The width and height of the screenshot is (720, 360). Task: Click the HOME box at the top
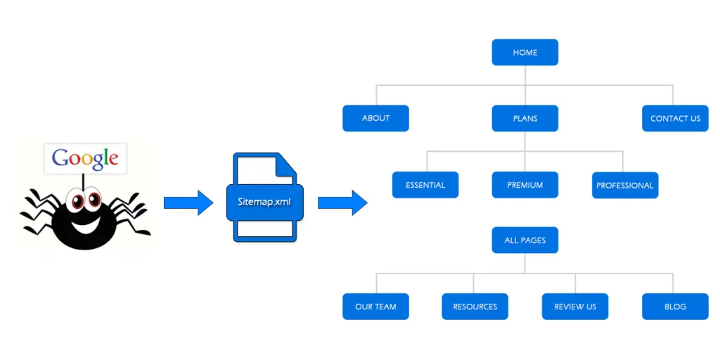tap(525, 53)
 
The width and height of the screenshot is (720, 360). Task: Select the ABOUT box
tap(375, 118)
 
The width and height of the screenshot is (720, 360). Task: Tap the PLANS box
tap(525, 118)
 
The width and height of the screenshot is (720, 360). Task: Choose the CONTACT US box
tap(675, 118)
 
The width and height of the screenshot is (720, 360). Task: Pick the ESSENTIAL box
tap(425, 185)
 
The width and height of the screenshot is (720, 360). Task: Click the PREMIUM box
tap(525, 185)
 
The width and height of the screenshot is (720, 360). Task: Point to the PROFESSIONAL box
tap(625, 186)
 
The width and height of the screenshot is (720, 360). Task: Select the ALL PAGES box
tap(525, 240)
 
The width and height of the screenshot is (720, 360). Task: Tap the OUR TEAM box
tap(375, 307)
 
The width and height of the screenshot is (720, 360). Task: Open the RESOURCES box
tap(475, 307)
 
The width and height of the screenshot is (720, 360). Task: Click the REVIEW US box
tap(574, 307)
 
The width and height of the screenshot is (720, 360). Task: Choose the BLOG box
tap(675, 307)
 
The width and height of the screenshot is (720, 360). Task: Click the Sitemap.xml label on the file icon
tap(264, 202)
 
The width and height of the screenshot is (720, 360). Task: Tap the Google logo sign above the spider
tap(85, 158)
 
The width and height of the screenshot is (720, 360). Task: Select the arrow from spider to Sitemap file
tap(188, 203)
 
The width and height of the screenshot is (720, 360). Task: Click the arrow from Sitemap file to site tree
tap(342, 203)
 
